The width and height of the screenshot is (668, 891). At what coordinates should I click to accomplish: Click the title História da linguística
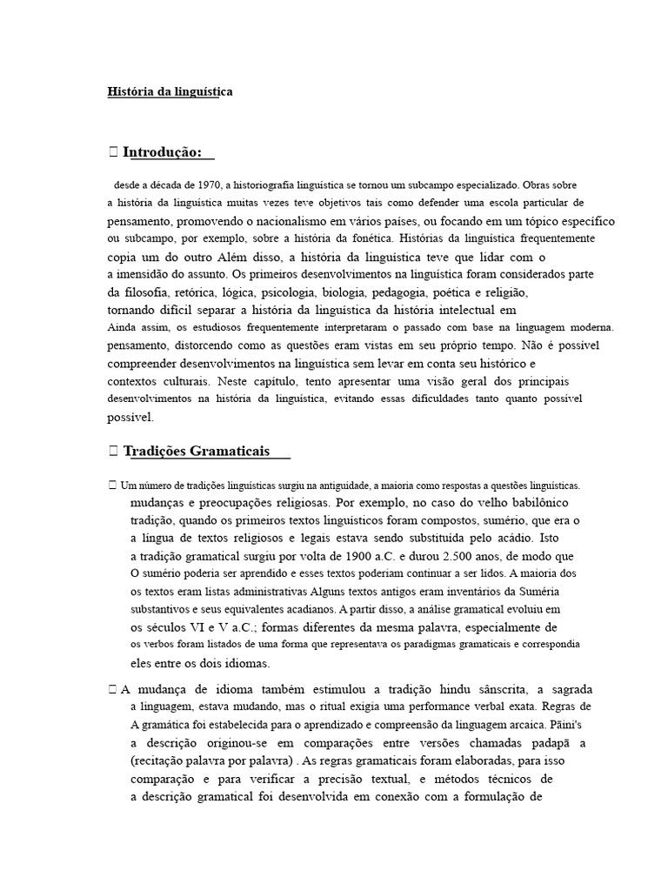170,90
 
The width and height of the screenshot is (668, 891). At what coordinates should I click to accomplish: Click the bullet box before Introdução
113,154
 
